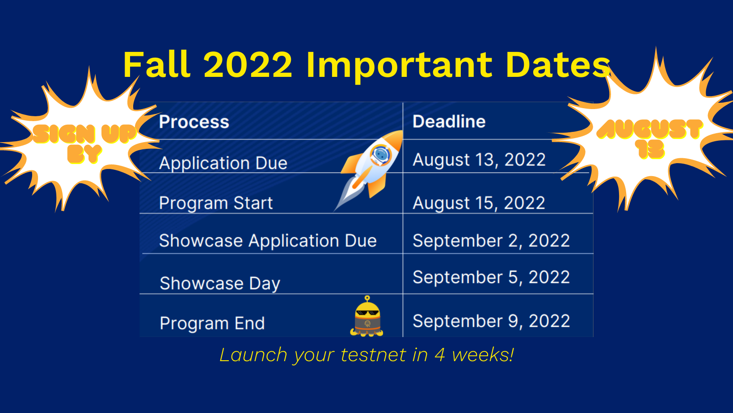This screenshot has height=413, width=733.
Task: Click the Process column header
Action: coord(194,122)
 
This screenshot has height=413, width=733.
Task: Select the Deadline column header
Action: coord(449,122)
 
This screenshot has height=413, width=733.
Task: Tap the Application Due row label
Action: coord(223,163)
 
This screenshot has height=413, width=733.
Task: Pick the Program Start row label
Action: coord(216,203)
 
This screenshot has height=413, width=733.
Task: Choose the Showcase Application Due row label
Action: coord(268,241)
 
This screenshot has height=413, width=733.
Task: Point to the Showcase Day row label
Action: coord(220,283)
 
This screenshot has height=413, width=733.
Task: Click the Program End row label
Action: coord(212,323)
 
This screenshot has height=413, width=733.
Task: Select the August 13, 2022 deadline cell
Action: coord(479,160)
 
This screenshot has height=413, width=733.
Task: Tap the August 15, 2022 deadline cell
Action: coord(479,203)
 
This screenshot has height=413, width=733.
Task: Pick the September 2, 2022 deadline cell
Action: coord(491,241)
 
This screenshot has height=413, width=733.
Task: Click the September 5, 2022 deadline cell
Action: coord(491,278)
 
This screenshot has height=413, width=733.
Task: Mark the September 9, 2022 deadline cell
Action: coord(491,321)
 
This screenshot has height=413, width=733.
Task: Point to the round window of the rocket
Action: coord(380,155)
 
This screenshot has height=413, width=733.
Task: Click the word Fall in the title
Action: coord(157,64)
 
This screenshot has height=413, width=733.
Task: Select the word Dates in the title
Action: coord(558,64)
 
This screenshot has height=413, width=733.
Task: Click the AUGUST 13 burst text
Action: coord(649,139)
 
